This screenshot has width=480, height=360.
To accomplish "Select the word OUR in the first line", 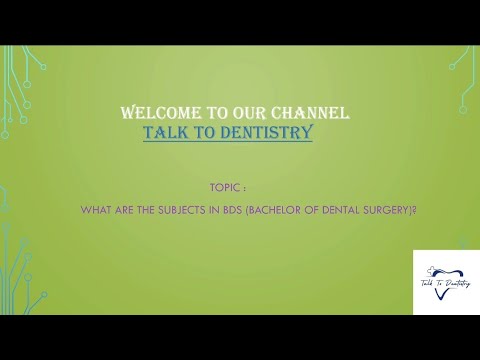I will tap(241, 113).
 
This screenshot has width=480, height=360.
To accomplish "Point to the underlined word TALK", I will tap(164, 131).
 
